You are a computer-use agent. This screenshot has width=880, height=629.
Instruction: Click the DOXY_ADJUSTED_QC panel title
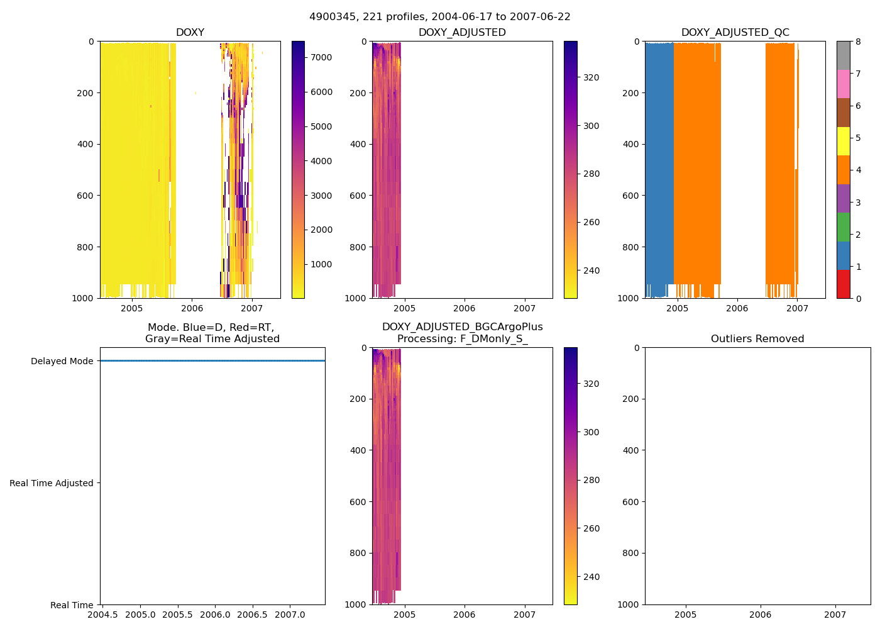coord(735,33)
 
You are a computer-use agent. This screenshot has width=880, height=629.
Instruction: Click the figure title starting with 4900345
coord(439,17)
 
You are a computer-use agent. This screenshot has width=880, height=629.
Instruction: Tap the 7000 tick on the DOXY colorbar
coord(321,57)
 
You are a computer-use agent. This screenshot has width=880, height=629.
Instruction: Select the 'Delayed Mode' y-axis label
coord(62,361)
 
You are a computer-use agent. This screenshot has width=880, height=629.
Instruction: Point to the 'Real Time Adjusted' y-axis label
coord(51,483)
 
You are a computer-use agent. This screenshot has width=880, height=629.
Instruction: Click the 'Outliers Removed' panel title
coord(757,339)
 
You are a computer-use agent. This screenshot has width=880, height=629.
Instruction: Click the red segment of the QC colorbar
coord(843,284)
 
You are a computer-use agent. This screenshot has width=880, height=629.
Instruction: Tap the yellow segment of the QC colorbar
coord(843,141)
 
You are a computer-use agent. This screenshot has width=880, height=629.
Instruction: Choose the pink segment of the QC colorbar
coord(843,84)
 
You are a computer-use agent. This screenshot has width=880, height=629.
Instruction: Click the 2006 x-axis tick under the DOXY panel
coord(192,308)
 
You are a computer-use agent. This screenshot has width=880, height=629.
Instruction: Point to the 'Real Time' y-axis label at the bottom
coord(72,605)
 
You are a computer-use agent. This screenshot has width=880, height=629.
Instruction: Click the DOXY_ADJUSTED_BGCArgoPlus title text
coord(462,327)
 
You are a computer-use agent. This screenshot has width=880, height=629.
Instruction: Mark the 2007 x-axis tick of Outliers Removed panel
coord(835,615)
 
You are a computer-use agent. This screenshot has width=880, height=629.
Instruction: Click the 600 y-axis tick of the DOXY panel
coord(86,196)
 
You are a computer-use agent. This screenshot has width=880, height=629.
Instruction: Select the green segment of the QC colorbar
coord(843,226)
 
